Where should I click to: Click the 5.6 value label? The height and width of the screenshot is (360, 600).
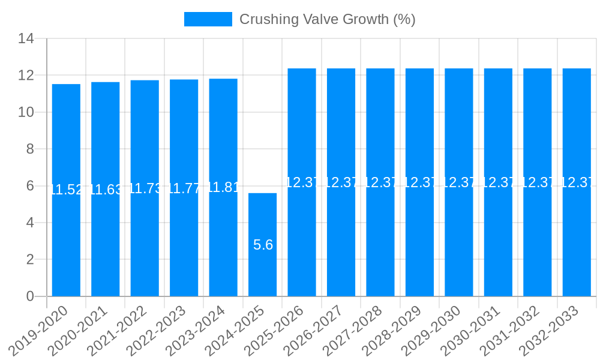[263, 245]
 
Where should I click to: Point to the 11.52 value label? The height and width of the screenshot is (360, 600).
[66, 190]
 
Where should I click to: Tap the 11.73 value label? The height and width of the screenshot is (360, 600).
[145, 188]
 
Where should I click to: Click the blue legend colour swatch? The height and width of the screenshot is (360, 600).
[208, 19]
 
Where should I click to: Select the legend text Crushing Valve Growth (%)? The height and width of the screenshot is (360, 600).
[327, 19]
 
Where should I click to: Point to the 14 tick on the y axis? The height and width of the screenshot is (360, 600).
[26, 39]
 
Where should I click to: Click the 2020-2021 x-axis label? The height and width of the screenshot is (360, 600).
[77, 329]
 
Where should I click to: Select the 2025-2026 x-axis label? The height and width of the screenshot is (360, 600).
[274, 329]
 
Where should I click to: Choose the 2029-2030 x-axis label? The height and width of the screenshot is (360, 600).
[431, 329]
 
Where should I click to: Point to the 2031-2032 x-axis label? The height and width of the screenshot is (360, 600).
[509, 329]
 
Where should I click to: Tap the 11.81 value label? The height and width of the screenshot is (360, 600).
[223, 187]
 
